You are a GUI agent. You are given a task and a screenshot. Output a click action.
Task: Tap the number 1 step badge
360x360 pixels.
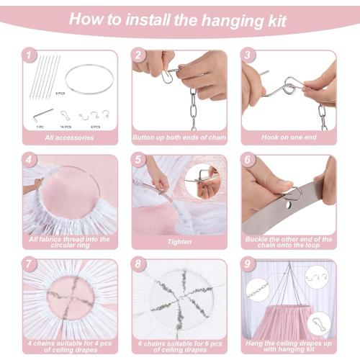(x=28, y=55)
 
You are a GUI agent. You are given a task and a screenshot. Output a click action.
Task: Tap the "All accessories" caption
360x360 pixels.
(x=70, y=137)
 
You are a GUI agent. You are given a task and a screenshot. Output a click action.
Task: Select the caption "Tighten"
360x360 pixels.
(x=179, y=242)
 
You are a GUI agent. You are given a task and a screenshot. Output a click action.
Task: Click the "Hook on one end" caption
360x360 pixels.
(x=289, y=137)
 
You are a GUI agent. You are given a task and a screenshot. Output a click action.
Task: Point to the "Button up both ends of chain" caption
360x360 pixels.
(x=179, y=137)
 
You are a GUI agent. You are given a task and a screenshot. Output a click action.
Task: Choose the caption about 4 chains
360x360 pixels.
(x=70, y=343)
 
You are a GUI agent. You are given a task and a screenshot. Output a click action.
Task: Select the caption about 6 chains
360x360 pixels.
(x=179, y=343)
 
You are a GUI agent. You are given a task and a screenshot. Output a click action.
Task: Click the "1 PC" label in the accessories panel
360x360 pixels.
(x=40, y=126)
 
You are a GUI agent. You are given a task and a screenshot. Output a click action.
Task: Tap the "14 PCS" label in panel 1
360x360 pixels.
(x=66, y=126)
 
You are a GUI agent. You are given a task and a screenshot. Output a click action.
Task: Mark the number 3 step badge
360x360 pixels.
(x=246, y=55)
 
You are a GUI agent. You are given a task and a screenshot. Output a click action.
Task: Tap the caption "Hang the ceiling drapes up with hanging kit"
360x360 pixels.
(x=289, y=343)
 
